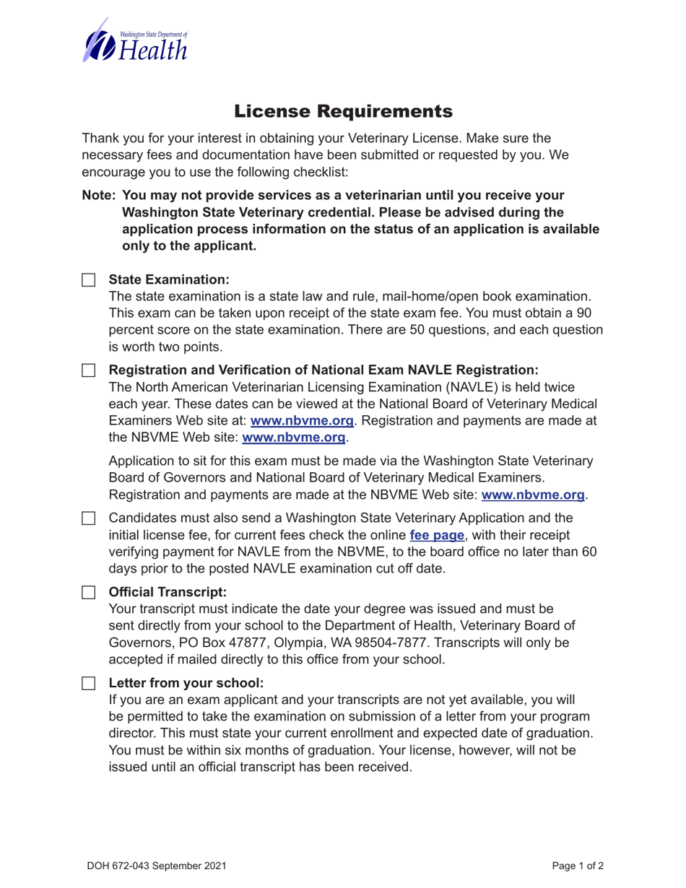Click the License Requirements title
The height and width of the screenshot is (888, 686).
tap(343, 111)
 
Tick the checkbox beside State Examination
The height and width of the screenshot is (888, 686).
tap(88, 279)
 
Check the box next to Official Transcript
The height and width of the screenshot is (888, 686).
tap(88, 593)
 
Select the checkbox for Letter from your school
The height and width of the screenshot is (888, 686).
tap(88, 683)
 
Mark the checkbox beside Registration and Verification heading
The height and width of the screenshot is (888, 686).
tap(88, 370)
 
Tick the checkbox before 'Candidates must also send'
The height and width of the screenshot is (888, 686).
tap(88, 518)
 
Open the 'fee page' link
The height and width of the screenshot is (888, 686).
tap(437, 536)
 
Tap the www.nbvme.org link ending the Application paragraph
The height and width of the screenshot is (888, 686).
tap(533, 495)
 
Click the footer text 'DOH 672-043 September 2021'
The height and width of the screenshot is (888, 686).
tap(157, 865)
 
